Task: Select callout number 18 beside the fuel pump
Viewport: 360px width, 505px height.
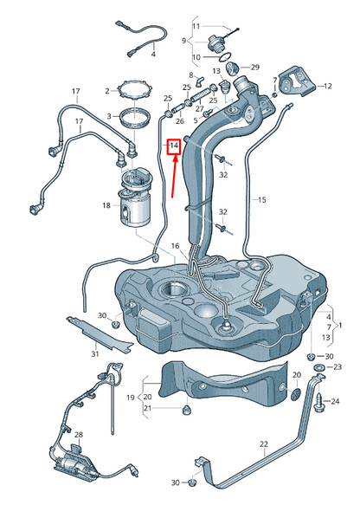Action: tap(106, 205)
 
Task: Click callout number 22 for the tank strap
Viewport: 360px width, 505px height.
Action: tap(263, 444)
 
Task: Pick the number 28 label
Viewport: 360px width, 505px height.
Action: tap(77, 434)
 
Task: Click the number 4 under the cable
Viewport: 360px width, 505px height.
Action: tap(153, 54)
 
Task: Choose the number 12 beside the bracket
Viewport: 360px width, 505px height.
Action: tap(328, 86)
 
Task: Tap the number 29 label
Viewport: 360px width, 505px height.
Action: tap(254, 67)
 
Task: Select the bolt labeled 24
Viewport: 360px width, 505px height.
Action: tap(322, 401)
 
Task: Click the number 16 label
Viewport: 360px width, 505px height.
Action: tap(174, 246)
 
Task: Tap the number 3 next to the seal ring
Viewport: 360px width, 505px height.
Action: tap(109, 115)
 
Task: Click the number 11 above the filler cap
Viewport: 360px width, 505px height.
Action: tap(196, 27)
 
